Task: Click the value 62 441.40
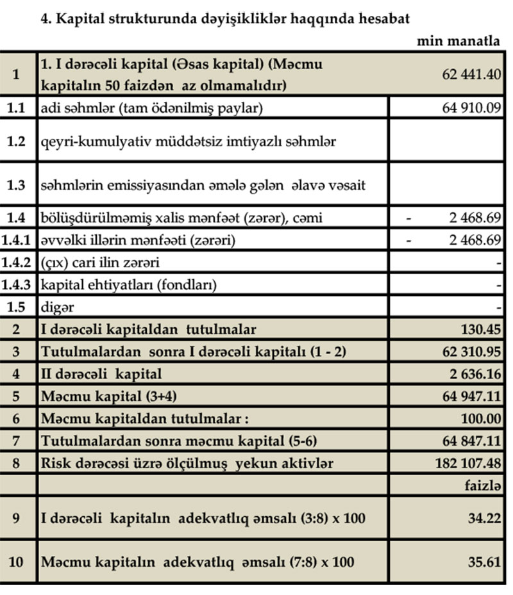471,74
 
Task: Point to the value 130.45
480,330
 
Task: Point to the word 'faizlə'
482,485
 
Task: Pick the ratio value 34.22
484,518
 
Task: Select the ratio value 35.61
484,562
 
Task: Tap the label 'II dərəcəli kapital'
101,373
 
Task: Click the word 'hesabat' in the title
383,18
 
